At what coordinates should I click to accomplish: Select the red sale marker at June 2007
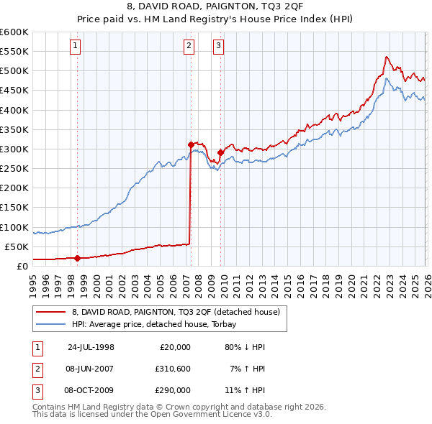coord(191,144)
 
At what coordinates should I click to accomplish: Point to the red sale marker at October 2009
coord(220,152)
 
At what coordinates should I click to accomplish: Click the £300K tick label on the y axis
coord(14,149)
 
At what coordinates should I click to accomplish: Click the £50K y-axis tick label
coord(17,246)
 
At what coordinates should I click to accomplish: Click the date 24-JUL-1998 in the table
coord(91,347)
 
